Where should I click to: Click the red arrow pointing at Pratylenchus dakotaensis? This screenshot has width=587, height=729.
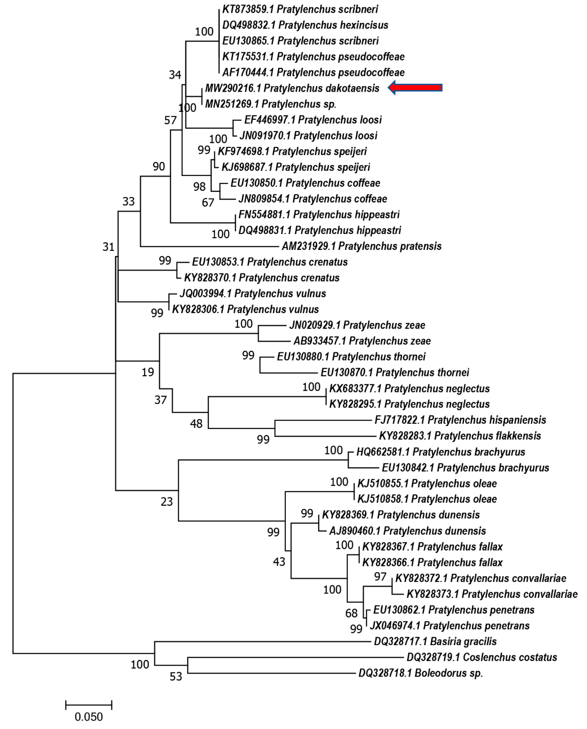pyautogui.click(x=415, y=88)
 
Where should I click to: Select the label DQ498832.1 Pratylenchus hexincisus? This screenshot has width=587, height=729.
pyautogui.click(x=305, y=25)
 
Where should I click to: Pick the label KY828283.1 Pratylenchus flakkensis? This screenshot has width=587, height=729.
pyautogui.click(x=460, y=436)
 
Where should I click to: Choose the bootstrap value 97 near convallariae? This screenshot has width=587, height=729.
pyautogui.click(x=380, y=577)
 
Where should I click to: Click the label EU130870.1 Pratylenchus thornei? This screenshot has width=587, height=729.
pyautogui.click(x=395, y=373)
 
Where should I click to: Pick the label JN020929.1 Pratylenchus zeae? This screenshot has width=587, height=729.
pyautogui.click(x=357, y=325)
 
